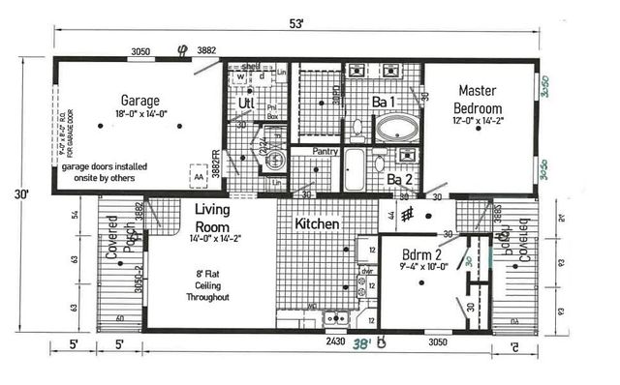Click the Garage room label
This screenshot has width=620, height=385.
139,100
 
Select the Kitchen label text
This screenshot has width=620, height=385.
318,223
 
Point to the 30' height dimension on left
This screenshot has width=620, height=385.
21,193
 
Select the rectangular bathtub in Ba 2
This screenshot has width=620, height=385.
353,170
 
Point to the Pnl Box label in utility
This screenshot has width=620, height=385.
272,110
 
